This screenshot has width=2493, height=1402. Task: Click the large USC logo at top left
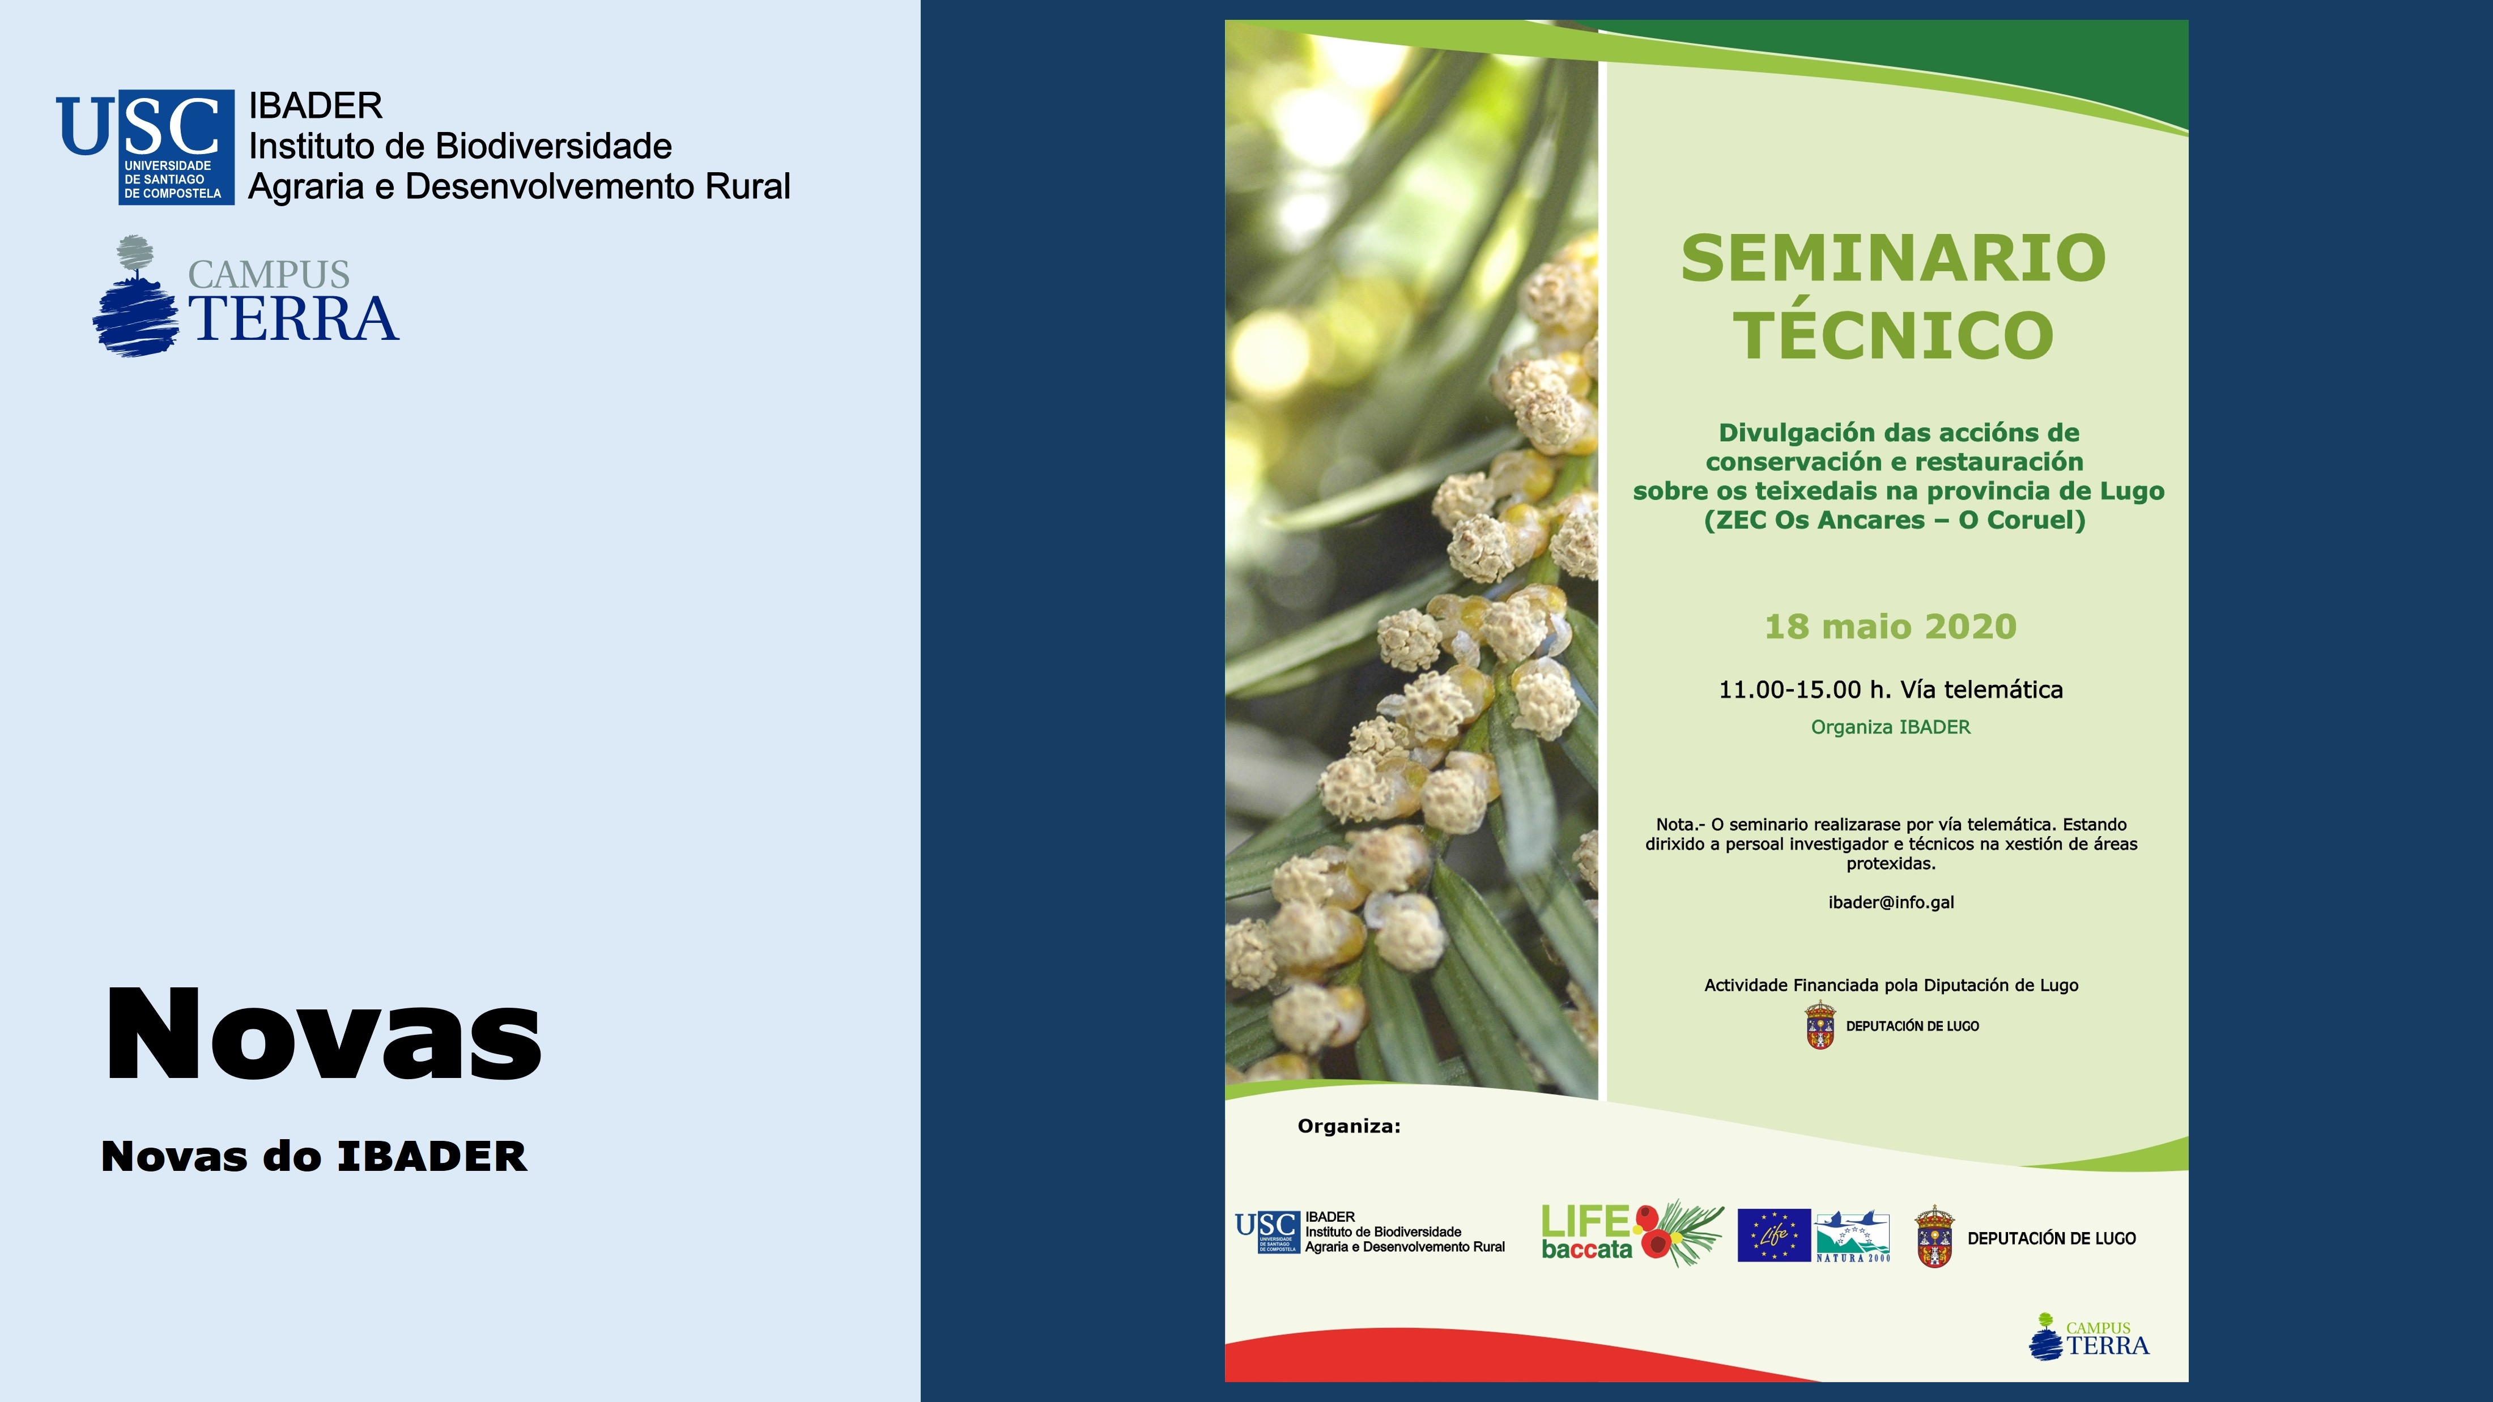(x=145, y=146)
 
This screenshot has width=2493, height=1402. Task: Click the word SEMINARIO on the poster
(x=1893, y=258)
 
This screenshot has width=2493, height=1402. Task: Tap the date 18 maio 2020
(x=1890, y=626)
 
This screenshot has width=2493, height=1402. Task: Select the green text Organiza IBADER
(x=1890, y=727)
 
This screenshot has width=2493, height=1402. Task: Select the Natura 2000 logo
(x=1852, y=1235)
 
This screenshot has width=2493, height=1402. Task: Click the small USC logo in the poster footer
(x=1267, y=1231)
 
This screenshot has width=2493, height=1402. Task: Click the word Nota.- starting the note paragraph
(x=1680, y=824)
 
